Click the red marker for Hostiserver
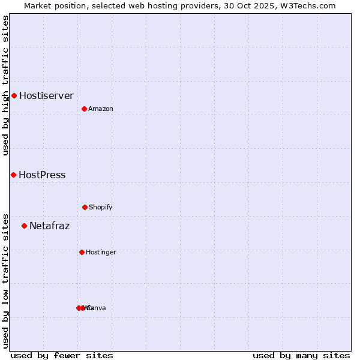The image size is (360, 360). click(14, 95)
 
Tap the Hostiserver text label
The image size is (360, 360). click(46, 95)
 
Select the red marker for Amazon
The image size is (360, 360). click(84, 109)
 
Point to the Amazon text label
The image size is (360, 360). click(100, 109)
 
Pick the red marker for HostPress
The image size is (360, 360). click(13, 175)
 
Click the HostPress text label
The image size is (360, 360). click(42, 175)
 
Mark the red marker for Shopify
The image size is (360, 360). click(85, 207)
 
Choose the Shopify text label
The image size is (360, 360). click(100, 207)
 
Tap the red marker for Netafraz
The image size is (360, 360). click(24, 226)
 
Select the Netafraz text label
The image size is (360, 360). click(49, 226)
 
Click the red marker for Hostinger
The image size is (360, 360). click(82, 252)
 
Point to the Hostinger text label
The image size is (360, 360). click(101, 252)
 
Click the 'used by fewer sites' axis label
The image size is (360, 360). click(62, 355)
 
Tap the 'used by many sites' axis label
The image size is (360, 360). click(301, 355)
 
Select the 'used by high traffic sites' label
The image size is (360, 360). click(5, 85)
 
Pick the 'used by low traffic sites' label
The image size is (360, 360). click(5, 280)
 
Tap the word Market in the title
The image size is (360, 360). click(38, 5)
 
